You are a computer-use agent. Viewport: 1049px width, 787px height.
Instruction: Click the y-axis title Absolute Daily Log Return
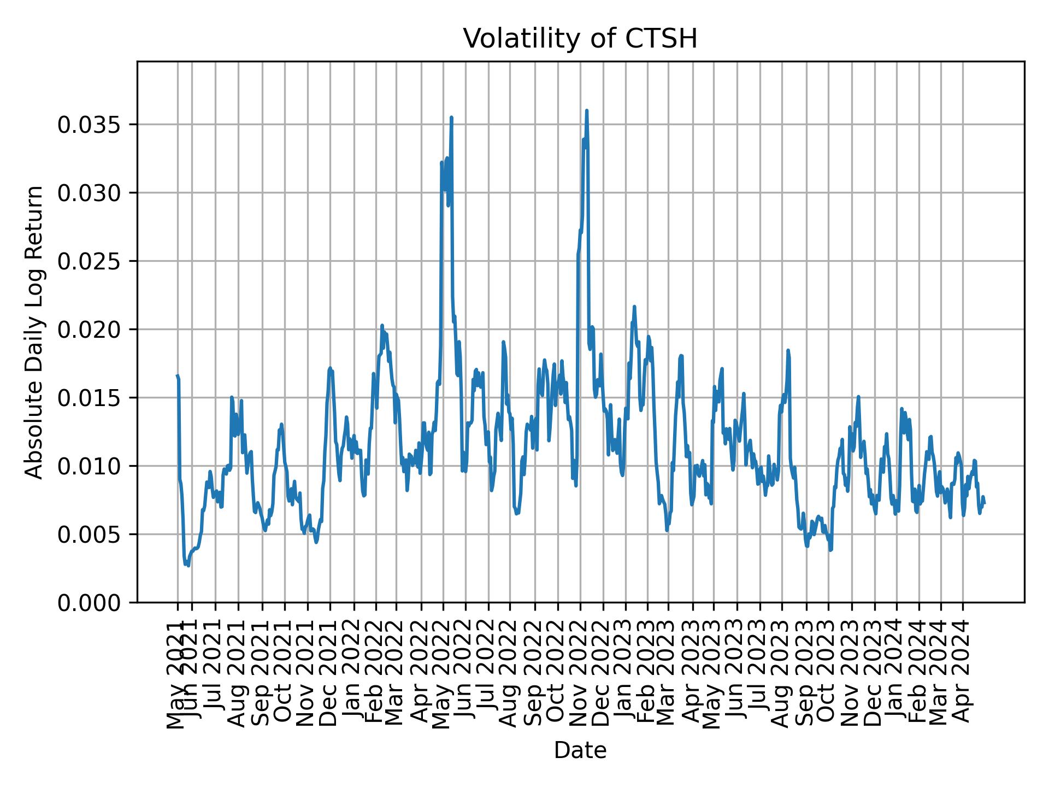coord(34,332)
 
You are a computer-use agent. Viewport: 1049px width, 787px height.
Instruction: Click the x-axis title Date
coord(580,751)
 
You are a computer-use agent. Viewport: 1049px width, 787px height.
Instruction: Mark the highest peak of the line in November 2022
coord(586,110)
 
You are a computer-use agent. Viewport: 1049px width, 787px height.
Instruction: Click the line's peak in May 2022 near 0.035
coord(451,117)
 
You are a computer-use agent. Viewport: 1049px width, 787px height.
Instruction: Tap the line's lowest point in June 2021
coord(188,566)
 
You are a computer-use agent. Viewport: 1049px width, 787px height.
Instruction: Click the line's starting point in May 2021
coord(177,375)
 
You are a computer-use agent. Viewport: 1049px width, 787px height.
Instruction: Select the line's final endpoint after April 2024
coord(984,503)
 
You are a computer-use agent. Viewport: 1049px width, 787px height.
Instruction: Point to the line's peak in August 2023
coord(788,350)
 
